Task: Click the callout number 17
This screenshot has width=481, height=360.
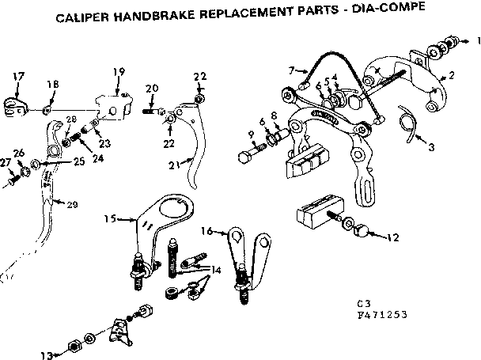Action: [x=18, y=75]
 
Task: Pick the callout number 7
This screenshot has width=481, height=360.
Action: [x=291, y=70]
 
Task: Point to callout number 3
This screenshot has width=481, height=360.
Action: [x=431, y=146]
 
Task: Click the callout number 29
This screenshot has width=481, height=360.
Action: [x=72, y=206]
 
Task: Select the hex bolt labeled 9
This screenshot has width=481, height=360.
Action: [x=245, y=154]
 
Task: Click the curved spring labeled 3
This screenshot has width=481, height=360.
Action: [x=408, y=125]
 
